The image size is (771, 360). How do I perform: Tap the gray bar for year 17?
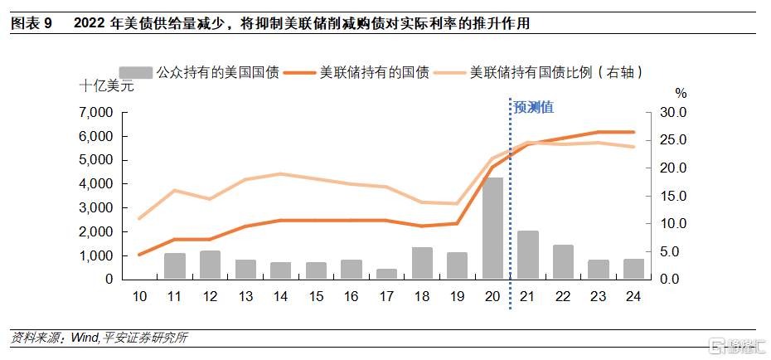pyautogui.click(x=386, y=274)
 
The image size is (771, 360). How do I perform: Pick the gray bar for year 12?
pyautogui.click(x=210, y=265)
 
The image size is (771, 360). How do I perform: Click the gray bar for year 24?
pyautogui.click(x=633, y=269)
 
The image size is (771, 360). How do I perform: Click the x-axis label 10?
pyautogui.click(x=139, y=297)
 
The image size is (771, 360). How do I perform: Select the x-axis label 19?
pyautogui.click(x=457, y=297)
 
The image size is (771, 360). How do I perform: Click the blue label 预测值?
pyautogui.click(x=534, y=107)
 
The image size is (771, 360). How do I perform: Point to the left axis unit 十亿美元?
pyautogui.click(x=106, y=86)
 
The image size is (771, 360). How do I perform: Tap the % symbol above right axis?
pyautogui.click(x=681, y=93)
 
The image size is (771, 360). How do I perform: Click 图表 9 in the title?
pyautogui.click(x=31, y=24)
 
